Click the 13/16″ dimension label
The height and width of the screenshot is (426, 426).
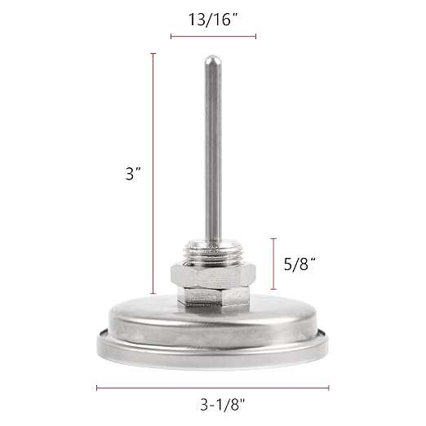coord(213,20)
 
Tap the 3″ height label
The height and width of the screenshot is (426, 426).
coord(133,174)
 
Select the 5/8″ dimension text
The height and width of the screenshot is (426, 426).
coord(300,264)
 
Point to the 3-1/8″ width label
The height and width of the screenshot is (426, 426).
coord(223,405)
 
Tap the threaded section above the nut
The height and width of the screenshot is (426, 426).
coord(213,252)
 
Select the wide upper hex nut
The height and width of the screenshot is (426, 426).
coord(213,276)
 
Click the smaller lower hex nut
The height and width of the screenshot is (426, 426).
coord(214,298)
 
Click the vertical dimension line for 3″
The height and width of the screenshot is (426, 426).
coord(153,174)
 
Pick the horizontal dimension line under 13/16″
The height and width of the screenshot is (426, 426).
coord(213,36)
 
